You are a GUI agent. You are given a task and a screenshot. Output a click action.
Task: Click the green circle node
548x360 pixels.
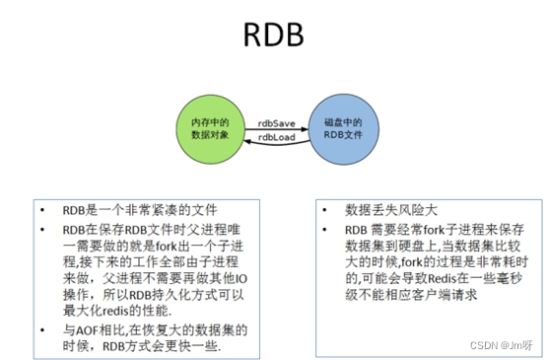(210, 128)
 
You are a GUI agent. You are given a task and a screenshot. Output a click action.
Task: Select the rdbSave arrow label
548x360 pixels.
(276, 121)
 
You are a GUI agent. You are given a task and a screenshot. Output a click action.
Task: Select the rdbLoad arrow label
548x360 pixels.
(276, 138)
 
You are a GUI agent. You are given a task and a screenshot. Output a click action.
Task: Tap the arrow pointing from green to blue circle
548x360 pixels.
(276, 129)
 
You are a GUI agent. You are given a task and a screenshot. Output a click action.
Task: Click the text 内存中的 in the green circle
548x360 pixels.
(210, 121)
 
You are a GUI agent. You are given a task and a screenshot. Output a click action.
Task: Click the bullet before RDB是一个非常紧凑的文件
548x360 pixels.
(42, 211)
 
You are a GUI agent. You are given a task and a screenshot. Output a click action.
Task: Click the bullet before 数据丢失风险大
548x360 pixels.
(325, 211)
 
